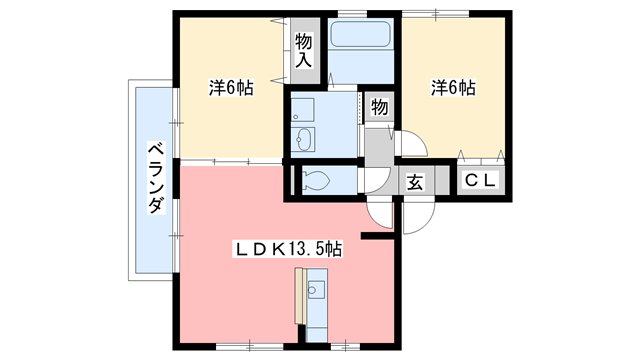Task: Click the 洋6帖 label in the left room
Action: pos(230,88)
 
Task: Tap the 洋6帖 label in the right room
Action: pos(453,88)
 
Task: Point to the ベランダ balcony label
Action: pos(155,178)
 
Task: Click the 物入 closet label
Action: pos(304,52)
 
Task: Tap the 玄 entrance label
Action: pos(413,182)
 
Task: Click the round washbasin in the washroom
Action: pos(303,139)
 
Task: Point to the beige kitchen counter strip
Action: pos(300,296)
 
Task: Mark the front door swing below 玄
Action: pos(418,215)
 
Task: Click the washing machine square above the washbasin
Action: pos(304,108)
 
